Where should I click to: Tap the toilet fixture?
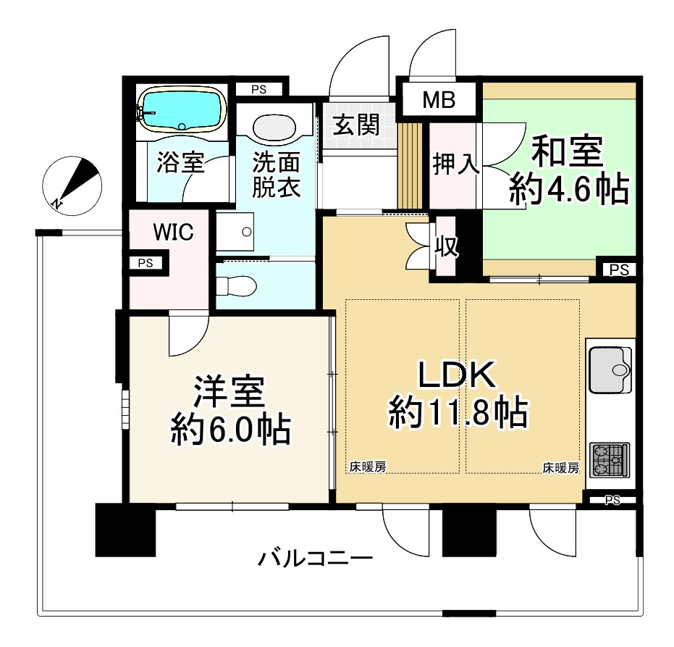pyautogui.click(x=236, y=285)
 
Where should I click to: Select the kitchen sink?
pyautogui.click(x=610, y=370)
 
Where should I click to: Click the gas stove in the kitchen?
pyautogui.click(x=610, y=460)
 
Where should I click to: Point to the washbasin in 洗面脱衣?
pyautogui.click(x=274, y=128)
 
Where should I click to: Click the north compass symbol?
pyautogui.click(x=72, y=185)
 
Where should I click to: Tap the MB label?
pyautogui.click(x=439, y=100)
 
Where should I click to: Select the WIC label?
pyautogui.click(x=173, y=233)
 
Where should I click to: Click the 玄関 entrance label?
pyautogui.click(x=356, y=125)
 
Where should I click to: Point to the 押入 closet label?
pyautogui.click(x=455, y=164)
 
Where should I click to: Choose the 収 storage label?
pyautogui.click(x=447, y=246)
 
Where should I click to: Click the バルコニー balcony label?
pyautogui.click(x=315, y=559)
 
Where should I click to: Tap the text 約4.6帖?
pyautogui.click(x=569, y=189)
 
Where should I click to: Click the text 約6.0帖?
pyautogui.click(x=231, y=430)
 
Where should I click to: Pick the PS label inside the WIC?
pyautogui.click(x=146, y=263)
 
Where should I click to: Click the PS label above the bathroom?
pyautogui.click(x=258, y=90)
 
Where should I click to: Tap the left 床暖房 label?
pyautogui.click(x=368, y=467)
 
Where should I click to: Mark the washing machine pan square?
pyautogui.click(x=235, y=232)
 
